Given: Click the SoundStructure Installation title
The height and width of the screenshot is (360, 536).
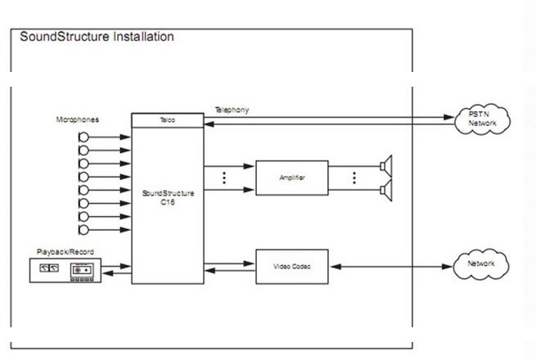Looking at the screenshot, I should [97, 37].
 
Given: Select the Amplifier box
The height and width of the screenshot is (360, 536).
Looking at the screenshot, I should [291, 178].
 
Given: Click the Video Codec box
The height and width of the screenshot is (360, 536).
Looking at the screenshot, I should [291, 267].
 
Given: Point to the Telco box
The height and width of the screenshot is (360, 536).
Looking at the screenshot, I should [167, 119].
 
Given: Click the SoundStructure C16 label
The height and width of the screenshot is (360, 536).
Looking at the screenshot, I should [166, 198].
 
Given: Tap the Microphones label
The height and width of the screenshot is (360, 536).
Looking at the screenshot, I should [78, 119].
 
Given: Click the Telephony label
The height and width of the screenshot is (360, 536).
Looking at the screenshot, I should [232, 109].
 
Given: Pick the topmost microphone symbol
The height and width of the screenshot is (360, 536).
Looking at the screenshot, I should [83, 137].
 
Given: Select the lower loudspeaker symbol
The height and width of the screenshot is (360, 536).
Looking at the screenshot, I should [386, 191].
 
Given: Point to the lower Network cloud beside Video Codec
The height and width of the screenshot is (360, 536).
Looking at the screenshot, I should [481, 265].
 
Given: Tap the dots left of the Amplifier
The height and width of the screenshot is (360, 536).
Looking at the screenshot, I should [223, 178].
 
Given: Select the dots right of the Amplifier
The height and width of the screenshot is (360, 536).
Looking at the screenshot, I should [354, 178].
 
